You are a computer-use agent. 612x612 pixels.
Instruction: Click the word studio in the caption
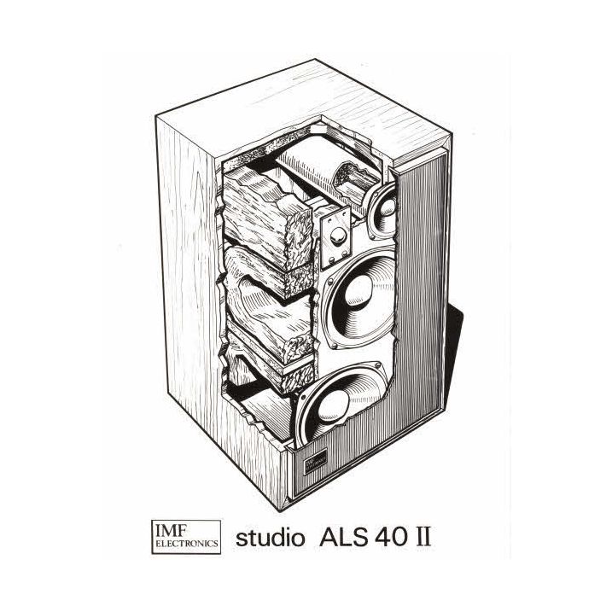click(x=270, y=538)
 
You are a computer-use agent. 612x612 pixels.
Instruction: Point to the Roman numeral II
click(x=422, y=537)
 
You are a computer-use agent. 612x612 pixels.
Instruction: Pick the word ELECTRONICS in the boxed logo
click(x=187, y=543)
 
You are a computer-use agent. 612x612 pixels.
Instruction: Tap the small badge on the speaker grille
click(x=315, y=461)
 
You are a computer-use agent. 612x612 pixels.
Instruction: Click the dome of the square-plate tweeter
click(x=338, y=236)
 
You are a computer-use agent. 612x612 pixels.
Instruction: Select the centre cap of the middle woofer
click(x=358, y=289)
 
